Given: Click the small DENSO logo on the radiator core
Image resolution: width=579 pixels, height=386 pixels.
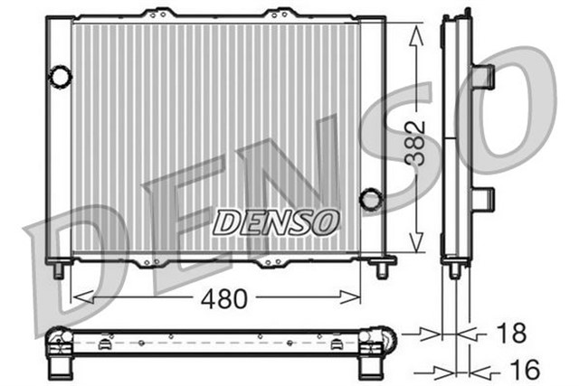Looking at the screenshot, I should [x=277, y=220].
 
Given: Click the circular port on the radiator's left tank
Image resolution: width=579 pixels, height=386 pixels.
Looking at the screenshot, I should [x=60, y=77].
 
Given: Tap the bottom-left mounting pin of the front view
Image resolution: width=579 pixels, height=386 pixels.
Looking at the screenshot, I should [x=59, y=269].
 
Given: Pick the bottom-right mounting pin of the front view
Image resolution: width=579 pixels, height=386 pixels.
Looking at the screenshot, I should [x=382, y=269].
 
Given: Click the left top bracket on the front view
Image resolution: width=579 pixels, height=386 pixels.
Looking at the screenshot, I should [x=161, y=14].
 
